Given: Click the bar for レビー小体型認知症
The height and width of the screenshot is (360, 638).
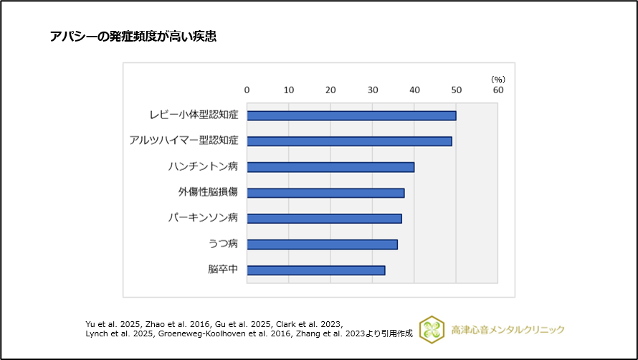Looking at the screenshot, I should click(x=351, y=115).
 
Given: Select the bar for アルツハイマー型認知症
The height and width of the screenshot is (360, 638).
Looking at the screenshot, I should click(x=349, y=141).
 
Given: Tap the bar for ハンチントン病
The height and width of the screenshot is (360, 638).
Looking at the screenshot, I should click(x=330, y=167).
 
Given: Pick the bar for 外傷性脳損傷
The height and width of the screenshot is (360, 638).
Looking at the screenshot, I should click(x=325, y=193).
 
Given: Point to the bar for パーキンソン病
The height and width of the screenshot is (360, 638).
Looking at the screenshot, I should click(x=324, y=219).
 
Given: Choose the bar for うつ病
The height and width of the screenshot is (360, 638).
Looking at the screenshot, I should click(x=322, y=245).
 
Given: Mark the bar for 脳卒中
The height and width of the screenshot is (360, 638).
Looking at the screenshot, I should click(x=316, y=270).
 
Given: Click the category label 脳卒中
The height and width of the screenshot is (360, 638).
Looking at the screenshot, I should click(x=222, y=270).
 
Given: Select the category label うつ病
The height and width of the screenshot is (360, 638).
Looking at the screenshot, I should click(x=223, y=245).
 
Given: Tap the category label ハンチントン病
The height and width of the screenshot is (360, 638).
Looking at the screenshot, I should click(x=203, y=167).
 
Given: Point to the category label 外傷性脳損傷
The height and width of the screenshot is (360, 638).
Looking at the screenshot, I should click(x=208, y=193).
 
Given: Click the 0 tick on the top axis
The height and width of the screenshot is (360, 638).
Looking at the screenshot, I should click(x=247, y=90).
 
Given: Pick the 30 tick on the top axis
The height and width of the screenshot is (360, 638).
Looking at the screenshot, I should click(x=373, y=90).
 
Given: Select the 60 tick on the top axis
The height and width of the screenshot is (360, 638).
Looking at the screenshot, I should click(x=498, y=90).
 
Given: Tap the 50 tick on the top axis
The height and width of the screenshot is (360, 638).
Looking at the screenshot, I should click(x=457, y=90).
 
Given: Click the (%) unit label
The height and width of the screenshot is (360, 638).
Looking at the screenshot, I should click(x=498, y=79).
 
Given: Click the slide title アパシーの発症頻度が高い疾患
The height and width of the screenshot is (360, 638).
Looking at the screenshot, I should click(x=133, y=37).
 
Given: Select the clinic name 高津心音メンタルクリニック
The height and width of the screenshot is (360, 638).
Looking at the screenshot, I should click(x=508, y=330).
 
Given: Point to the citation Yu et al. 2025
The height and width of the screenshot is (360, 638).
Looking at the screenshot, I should click(x=110, y=324).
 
